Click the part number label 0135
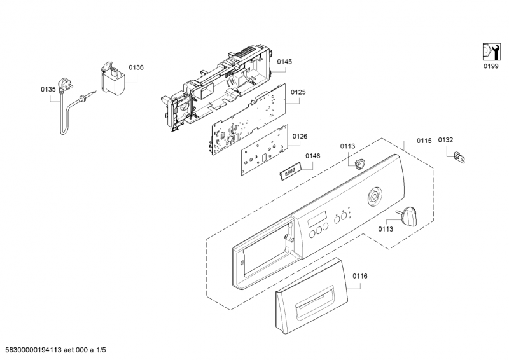(x=48, y=89)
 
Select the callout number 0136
(x=136, y=67)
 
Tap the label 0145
(x=284, y=61)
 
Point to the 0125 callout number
(x=298, y=92)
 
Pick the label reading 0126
(x=300, y=136)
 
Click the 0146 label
(x=313, y=156)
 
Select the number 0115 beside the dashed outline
(x=424, y=141)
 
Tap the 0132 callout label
(x=445, y=139)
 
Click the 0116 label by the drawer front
(x=360, y=276)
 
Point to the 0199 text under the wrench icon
(x=491, y=66)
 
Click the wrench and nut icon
(x=491, y=52)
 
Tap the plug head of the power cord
(x=64, y=85)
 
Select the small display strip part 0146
(x=289, y=170)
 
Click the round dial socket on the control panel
(x=374, y=197)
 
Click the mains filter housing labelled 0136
(x=113, y=79)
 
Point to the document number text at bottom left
(x=55, y=350)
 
